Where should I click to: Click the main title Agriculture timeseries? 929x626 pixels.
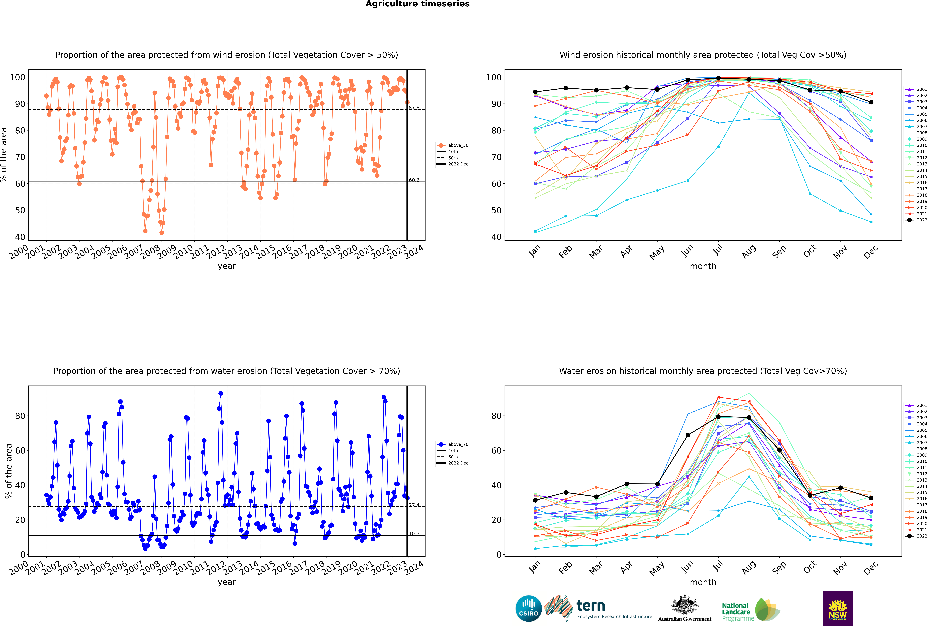pos(417,4)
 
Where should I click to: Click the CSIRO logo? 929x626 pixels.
pos(528,608)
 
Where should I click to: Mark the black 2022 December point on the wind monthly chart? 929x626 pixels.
pos(871,102)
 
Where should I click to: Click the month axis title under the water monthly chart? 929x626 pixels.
pos(703,582)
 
